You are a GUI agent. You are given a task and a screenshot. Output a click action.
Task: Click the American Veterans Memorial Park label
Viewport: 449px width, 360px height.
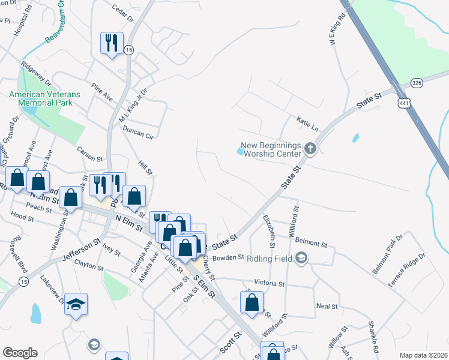pyautogui.click(x=41, y=98)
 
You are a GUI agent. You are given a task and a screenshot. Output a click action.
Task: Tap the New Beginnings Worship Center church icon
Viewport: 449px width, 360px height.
pyautogui.click(x=310, y=148)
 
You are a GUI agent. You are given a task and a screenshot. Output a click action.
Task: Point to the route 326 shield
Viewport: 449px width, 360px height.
pyautogui.click(x=418, y=82)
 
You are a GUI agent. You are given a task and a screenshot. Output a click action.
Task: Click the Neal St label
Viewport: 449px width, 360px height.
pyautogui.click(x=327, y=306)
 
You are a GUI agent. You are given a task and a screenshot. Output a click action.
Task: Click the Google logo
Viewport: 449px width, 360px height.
pyautogui.click(x=20, y=353)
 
